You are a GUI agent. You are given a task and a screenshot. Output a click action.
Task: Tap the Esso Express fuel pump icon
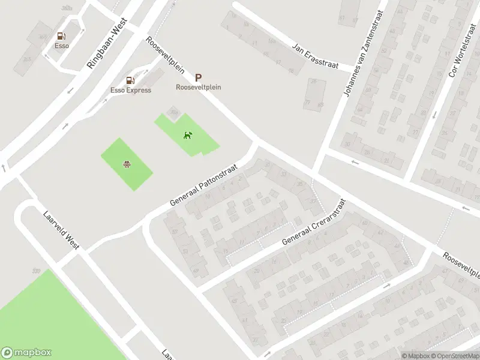[x=130, y=80]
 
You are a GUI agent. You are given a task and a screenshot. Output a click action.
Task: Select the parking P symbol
[x=198, y=77]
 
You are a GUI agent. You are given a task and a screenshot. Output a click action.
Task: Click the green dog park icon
[x=188, y=134]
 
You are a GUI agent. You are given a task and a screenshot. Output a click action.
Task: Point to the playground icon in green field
[x=127, y=164]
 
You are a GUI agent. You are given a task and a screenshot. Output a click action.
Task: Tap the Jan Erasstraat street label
[x=315, y=55]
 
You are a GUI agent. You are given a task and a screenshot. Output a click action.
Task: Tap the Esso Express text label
[x=131, y=90]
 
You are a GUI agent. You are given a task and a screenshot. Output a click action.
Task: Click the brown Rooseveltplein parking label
[x=199, y=87]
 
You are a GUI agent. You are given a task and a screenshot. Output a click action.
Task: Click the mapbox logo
[x=26, y=353]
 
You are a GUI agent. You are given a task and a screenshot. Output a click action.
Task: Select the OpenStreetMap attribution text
[x=455, y=356]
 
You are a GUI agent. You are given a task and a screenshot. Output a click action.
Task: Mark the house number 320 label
[x=35, y=272]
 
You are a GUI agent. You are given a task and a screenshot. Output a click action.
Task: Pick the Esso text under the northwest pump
[x=61, y=46]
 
